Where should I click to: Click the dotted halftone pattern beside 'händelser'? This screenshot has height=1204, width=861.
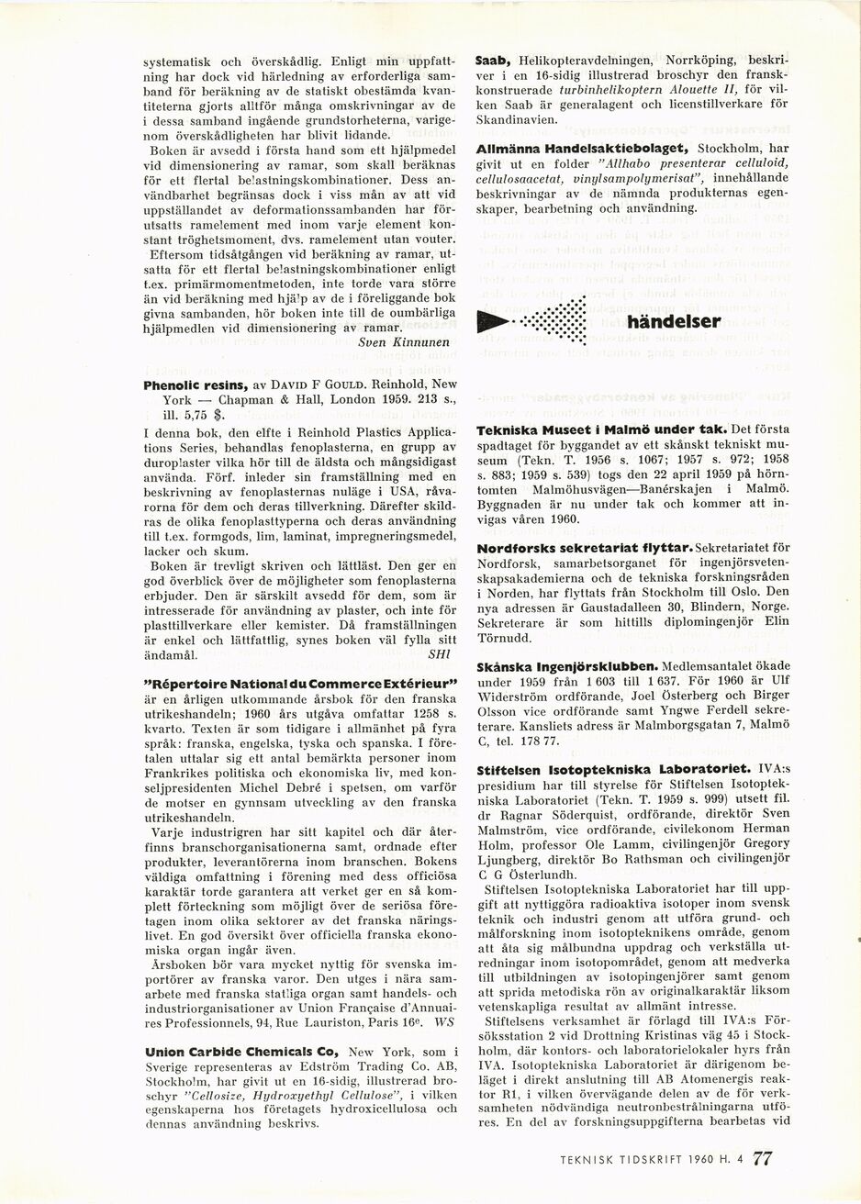coord(556,321)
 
